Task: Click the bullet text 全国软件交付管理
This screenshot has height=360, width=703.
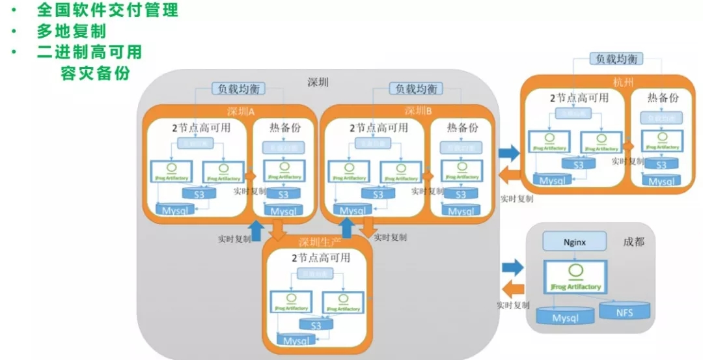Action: (107, 10)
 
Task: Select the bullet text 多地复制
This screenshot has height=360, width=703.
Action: (71, 31)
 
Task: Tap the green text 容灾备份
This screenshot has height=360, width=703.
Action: (95, 73)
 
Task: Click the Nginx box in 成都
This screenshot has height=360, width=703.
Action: (574, 242)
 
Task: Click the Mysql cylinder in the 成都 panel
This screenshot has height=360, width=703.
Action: (565, 317)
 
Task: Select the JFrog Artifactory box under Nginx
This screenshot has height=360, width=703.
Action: (575, 277)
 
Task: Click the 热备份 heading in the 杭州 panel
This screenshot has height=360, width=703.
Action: (663, 98)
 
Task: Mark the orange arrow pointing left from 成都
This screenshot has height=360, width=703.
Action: (513, 289)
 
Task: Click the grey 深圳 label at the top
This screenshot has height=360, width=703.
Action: (318, 83)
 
